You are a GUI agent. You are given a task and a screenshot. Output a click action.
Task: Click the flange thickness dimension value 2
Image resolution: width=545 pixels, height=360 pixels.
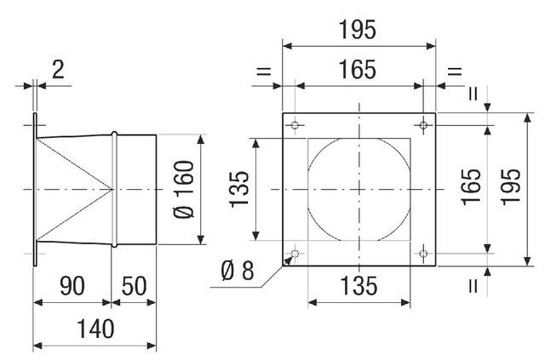pyautogui.click(x=58, y=70)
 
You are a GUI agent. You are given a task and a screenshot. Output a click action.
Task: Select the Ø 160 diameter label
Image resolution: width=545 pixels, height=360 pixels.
pyautogui.click(x=184, y=190)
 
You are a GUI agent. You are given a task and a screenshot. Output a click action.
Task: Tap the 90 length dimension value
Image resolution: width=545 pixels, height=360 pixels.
pyautogui.click(x=72, y=286)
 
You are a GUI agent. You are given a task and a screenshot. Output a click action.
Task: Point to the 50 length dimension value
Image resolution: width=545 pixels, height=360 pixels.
pyautogui.click(x=134, y=286)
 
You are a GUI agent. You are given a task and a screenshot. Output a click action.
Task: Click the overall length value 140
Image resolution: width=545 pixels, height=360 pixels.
pyautogui.click(x=95, y=329)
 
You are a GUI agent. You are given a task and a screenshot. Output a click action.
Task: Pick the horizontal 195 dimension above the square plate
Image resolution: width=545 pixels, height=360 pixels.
pyautogui.click(x=358, y=30)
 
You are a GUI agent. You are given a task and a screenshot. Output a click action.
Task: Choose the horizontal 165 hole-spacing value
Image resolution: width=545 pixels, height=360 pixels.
pyautogui.click(x=358, y=69)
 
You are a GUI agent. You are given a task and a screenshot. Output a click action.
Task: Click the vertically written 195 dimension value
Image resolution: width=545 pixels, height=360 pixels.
pyautogui.click(x=510, y=186)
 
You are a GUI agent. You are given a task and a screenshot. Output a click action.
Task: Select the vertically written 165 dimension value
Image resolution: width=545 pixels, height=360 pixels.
pyautogui.click(x=471, y=186)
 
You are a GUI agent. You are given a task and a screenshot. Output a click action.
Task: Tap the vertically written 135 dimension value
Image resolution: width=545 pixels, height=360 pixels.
pyautogui.click(x=239, y=190)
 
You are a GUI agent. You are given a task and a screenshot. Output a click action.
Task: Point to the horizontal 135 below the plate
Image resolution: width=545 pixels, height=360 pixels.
pyautogui.click(x=359, y=286)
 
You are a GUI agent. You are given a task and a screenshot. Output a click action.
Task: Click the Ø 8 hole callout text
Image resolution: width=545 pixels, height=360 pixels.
pyautogui.click(x=238, y=271)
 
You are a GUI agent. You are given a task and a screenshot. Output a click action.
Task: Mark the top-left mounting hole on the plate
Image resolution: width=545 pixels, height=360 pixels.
pyautogui.click(x=295, y=125)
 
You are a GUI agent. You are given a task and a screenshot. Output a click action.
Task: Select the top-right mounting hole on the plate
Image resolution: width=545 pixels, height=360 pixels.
pyautogui.click(x=423, y=125)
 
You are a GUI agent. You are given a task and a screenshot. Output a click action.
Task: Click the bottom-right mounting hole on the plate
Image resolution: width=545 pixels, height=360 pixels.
pyautogui.click(x=423, y=254)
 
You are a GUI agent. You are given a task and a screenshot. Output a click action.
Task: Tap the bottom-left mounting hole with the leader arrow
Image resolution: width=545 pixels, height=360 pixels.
pyautogui.click(x=295, y=254)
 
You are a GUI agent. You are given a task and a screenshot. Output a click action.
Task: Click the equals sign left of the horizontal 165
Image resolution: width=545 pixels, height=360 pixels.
pyautogui.click(x=263, y=71)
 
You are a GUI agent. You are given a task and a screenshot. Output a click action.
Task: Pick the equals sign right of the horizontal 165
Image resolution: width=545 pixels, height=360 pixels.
pyautogui.click(x=455, y=71)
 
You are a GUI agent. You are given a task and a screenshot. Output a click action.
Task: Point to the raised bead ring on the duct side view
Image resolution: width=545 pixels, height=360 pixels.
pyautogui.click(x=114, y=190)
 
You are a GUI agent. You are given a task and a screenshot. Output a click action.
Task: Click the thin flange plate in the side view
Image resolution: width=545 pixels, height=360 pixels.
pyautogui.click(x=35, y=190)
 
